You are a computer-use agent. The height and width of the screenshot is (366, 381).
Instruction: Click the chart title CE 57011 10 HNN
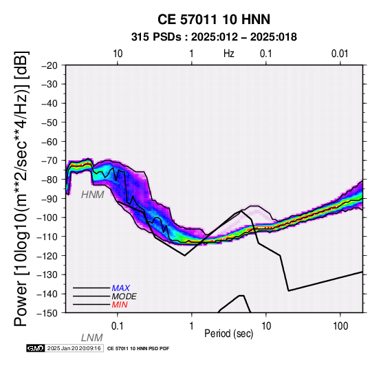(x=214, y=19)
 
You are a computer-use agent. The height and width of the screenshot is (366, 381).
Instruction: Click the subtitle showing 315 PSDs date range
(x=214, y=37)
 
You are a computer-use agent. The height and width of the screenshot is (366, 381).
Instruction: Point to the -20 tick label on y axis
(x=50, y=65)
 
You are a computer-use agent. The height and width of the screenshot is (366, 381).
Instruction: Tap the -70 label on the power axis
(x=50, y=161)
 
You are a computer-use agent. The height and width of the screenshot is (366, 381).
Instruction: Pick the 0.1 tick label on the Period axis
(x=118, y=326)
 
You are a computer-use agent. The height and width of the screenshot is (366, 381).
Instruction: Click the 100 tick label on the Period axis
(x=340, y=326)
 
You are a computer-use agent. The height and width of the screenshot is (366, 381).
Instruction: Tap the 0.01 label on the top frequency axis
(x=340, y=54)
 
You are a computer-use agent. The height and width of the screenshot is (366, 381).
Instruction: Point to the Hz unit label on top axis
(x=229, y=54)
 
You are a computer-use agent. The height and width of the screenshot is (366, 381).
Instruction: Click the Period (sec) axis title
(x=228, y=334)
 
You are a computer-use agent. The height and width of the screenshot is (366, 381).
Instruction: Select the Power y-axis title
(x=21, y=189)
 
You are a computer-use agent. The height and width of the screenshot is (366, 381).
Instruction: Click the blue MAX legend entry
(x=121, y=288)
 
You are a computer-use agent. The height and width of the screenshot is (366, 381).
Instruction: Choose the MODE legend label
(x=124, y=297)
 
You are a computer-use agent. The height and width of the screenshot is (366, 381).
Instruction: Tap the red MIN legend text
(x=120, y=305)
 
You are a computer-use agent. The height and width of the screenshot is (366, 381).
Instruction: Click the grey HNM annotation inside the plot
(x=93, y=195)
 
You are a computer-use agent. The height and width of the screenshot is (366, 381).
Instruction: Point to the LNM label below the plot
(x=92, y=338)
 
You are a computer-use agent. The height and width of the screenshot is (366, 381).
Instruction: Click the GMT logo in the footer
(x=36, y=348)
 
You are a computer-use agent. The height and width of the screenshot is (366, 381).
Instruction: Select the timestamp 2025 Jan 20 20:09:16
(x=74, y=348)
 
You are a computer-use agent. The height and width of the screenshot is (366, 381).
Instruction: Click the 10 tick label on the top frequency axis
(x=118, y=54)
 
